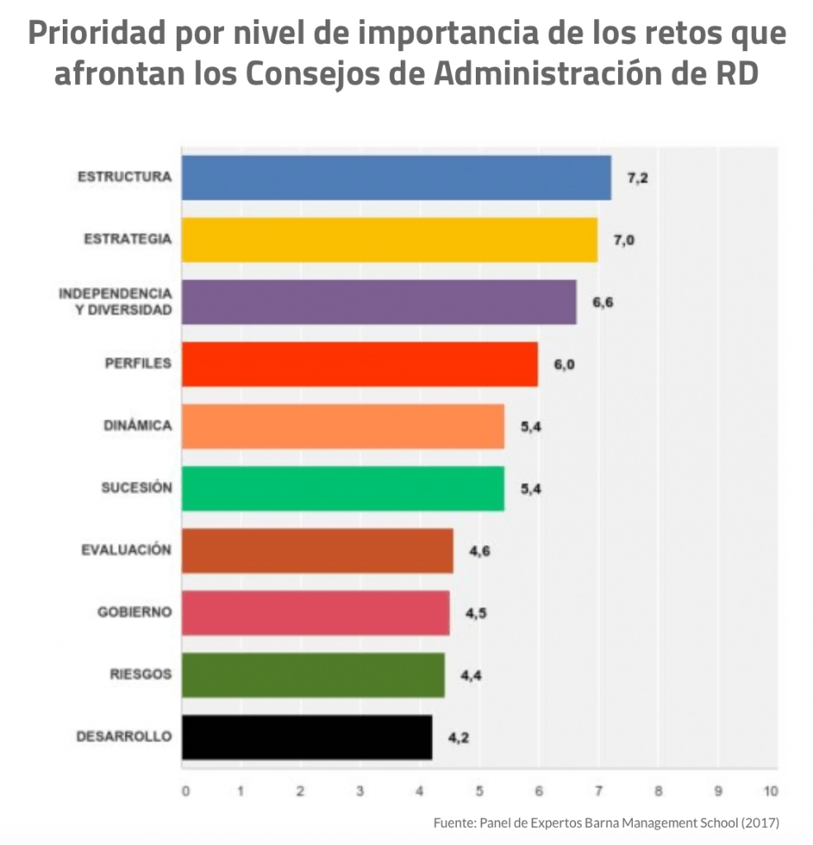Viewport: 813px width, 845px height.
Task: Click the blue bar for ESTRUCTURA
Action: pos(396,178)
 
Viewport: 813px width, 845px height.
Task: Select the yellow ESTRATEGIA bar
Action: pos(389,240)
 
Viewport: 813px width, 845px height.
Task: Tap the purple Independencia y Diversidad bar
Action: pos(378,301)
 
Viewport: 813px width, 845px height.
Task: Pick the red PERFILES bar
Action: pos(359,363)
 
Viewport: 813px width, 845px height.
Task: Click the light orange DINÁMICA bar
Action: pos(343,426)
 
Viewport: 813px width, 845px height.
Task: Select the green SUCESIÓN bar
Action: pos(343,488)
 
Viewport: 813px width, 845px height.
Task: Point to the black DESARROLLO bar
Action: pos(307,737)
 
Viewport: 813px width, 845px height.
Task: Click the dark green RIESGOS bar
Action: pos(313,675)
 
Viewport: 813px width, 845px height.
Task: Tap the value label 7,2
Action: pos(637,178)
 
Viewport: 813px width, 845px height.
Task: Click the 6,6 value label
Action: pos(602,302)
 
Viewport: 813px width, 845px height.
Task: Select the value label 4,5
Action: pos(475,613)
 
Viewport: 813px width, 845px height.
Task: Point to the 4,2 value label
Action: pos(459,738)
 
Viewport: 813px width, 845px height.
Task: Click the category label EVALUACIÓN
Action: pos(126,550)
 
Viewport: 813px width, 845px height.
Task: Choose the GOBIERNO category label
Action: pos(135,612)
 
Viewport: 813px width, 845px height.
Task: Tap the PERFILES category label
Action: pos(138,363)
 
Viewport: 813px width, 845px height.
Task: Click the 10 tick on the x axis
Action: pos(771,790)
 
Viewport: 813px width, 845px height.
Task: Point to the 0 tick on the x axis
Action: pos(185,790)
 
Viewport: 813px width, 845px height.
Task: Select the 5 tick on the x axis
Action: pos(479,790)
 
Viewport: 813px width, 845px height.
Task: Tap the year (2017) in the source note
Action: pos(761,823)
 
